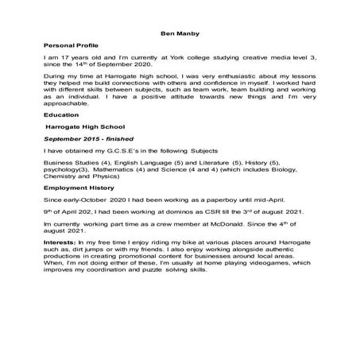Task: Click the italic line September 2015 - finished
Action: tap(87, 138)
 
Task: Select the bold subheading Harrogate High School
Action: tap(86, 126)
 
